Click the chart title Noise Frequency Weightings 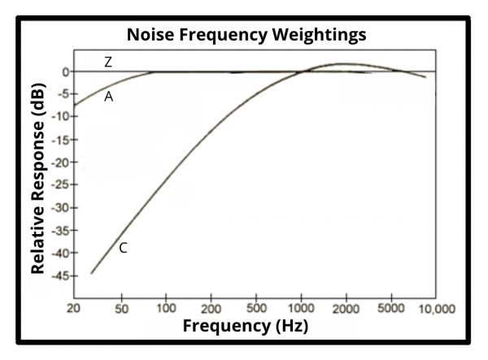[245, 35]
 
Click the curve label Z [107, 62]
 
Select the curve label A [108, 97]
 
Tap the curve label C [123, 248]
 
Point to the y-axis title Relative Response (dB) [37, 176]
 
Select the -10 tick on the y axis [62, 117]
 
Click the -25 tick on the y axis [62, 185]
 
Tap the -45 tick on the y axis [62, 276]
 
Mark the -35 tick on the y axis [62, 231]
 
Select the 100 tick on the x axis [167, 309]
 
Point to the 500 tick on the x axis [257, 309]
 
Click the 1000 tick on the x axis [301, 309]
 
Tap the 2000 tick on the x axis [346, 309]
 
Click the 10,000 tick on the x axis [437, 309]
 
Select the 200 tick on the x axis [211, 309]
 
